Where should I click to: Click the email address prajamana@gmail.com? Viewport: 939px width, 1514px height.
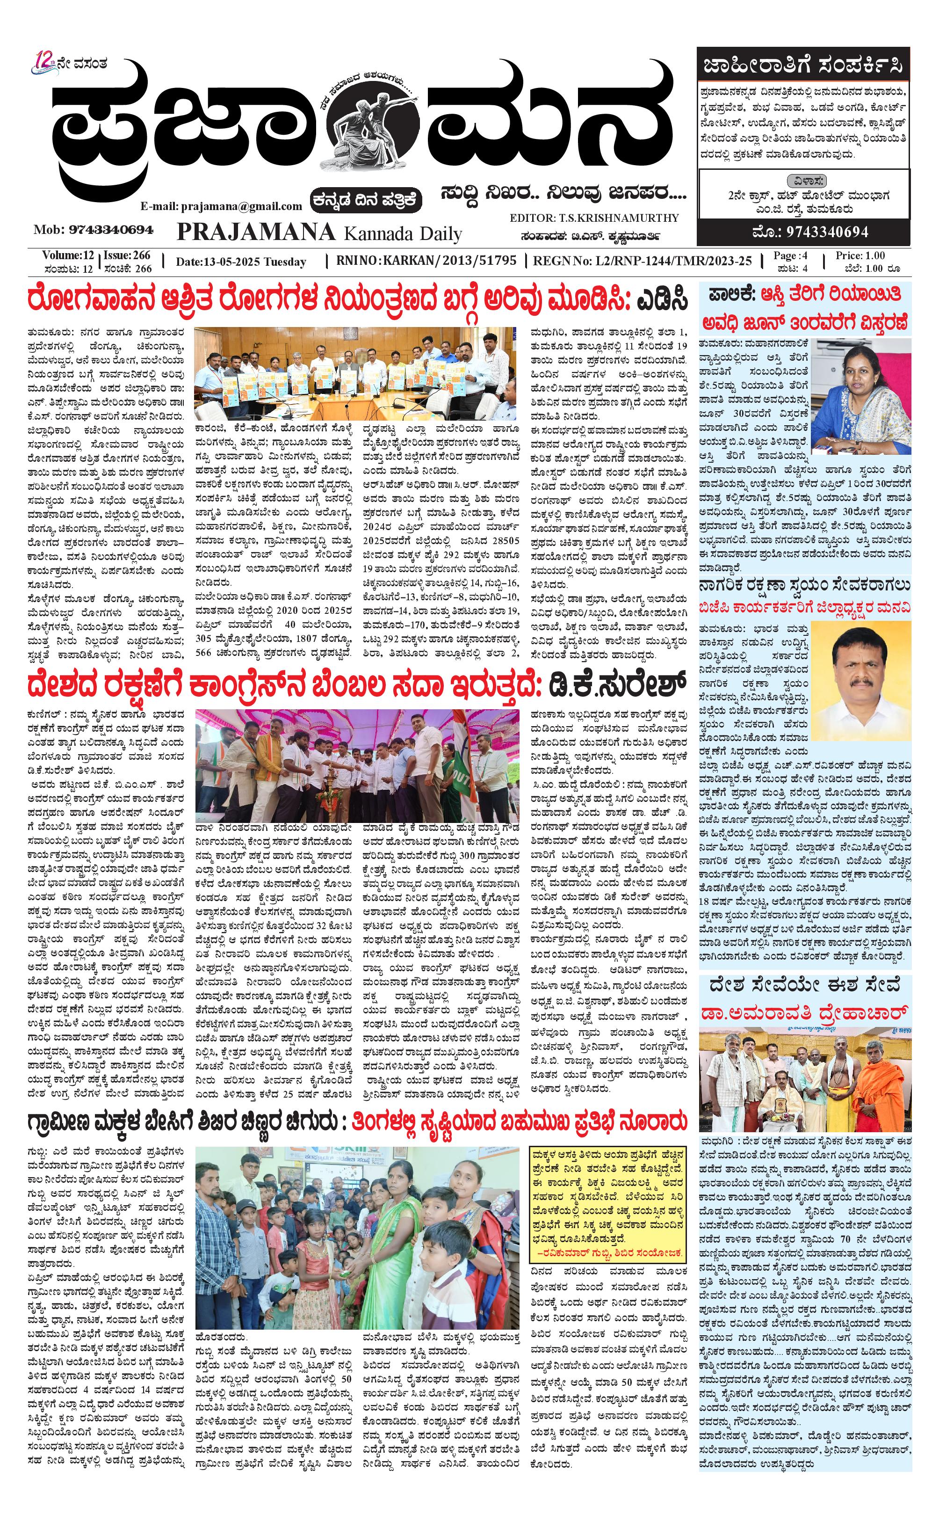click(x=221, y=206)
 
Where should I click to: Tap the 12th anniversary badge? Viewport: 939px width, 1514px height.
click(x=45, y=64)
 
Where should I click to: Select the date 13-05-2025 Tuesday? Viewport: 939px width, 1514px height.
click(x=241, y=262)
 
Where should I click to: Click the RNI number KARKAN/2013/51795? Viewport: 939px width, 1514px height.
click(x=426, y=260)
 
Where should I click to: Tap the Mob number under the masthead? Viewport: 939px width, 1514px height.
click(x=93, y=230)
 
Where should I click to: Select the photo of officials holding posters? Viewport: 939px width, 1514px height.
click(x=354, y=373)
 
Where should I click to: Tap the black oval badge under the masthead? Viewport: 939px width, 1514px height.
click(x=368, y=199)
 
